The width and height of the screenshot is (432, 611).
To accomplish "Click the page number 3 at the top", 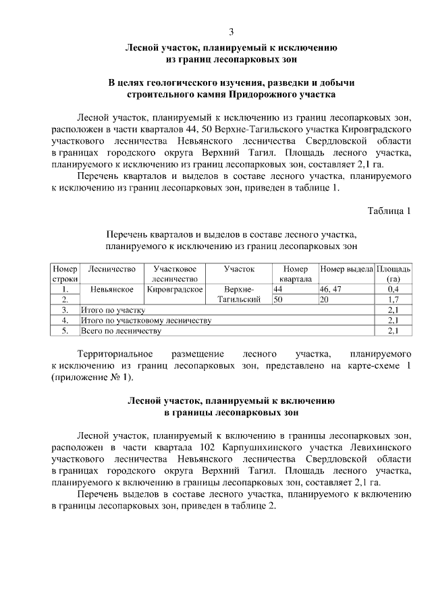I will (x=232, y=32).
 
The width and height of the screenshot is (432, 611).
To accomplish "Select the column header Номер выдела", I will (x=346, y=269).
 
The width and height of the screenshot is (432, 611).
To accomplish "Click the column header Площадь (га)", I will (x=393, y=273).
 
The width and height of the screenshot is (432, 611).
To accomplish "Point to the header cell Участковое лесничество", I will (x=174, y=273).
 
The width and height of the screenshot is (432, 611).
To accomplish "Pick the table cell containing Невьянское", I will (x=111, y=289).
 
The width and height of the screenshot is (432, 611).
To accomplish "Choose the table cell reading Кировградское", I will (x=175, y=289).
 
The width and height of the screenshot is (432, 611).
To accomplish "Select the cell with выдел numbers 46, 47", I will (x=331, y=289).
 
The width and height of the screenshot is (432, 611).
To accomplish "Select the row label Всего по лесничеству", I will (x=121, y=331).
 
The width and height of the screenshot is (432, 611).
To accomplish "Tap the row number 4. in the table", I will (x=65, y=320).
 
